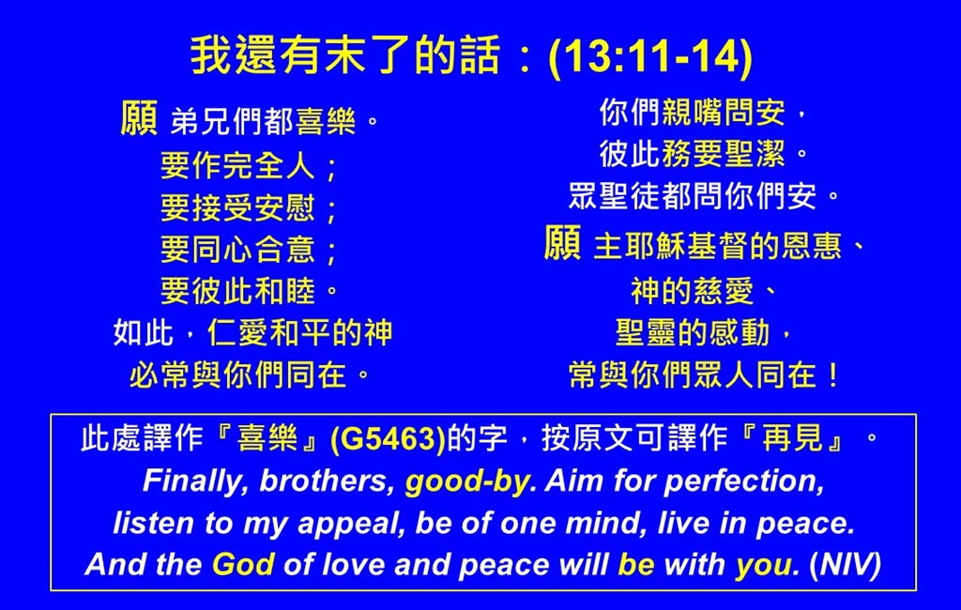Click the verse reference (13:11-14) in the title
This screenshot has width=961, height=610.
tap(651, 56)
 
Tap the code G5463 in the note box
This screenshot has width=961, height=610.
tap(388, 439)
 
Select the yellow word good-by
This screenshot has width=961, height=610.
tap(467, 481)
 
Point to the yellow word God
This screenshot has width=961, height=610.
tap(243, 564)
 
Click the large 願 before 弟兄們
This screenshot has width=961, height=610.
tap(139, 117)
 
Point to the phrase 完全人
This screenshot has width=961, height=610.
tap(269, 165)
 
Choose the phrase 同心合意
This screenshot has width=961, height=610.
tap(253, 250)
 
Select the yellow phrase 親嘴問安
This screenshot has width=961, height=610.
tap(724, 113)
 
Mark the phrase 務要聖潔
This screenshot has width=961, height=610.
tap(724, 154)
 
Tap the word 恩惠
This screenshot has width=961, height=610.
tap(811, 246)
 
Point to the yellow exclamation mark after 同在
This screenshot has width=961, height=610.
tap(832, 375)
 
